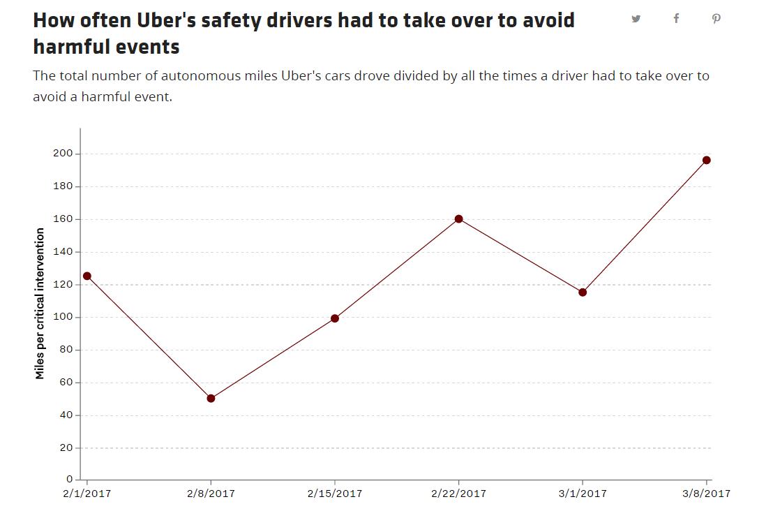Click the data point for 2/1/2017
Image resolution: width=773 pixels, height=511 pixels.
[x=87, y=276]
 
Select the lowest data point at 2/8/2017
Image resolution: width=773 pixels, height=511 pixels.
[x=211, y=399]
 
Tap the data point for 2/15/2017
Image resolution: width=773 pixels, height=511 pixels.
[x=335, y=318]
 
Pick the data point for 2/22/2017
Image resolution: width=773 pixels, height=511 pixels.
[x=459, y=219]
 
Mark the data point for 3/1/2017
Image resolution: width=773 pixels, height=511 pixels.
[x=583, y=292]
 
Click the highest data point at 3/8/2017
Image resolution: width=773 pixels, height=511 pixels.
[x=707, y=161]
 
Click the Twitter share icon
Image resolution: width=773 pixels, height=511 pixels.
[x=636, y=19]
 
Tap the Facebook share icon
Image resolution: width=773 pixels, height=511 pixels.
[x=677, y=19]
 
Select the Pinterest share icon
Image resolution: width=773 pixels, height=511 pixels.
[x=716, y=19]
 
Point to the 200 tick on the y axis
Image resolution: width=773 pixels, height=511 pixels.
[x=63, y=154]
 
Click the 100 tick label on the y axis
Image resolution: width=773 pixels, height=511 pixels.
[x=63, y=317]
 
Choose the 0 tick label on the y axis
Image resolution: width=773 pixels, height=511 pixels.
[x=70, y=479]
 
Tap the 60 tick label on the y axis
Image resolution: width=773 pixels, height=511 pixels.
[x=66, y=383]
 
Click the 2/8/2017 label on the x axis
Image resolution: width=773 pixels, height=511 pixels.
[x=211, y=494]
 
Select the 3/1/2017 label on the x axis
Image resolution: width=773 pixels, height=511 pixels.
[x=583, y=494]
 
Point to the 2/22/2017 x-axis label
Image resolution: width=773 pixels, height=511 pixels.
[x=459, y=494]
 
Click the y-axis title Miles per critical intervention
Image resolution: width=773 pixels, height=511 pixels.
[x=40, y=304]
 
